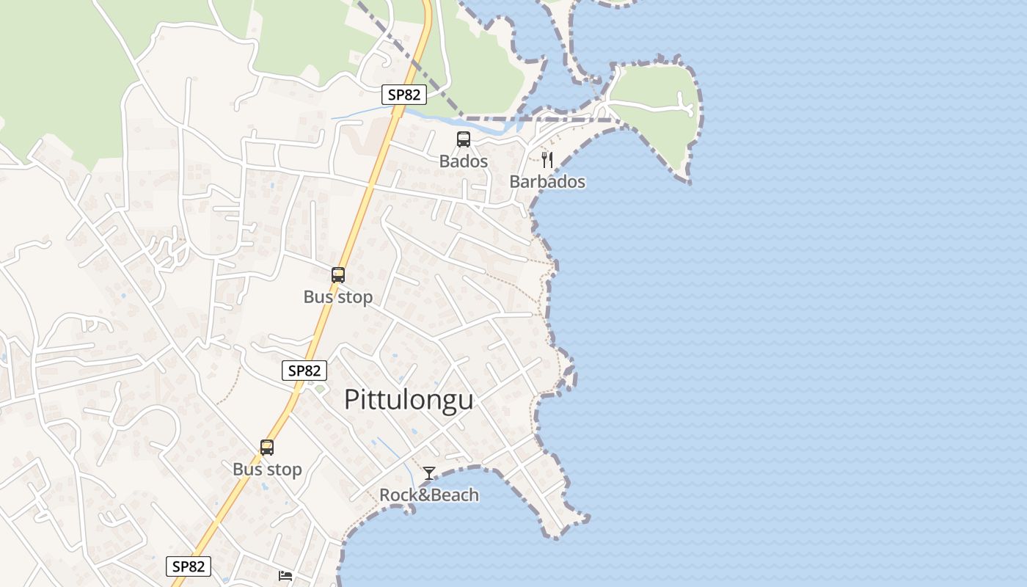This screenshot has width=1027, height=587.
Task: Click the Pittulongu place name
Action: coord(409,400)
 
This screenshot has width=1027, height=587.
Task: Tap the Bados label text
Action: coord(463,161)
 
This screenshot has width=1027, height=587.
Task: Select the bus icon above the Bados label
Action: coord(463,139)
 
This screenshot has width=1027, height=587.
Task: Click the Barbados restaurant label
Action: coord(547,181)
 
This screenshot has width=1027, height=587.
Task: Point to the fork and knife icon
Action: coord(547,160)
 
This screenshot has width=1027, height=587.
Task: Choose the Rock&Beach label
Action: coord(428,495)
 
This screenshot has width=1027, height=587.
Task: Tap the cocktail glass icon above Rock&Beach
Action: coord(428,473)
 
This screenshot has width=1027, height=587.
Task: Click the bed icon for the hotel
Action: coord(285,576)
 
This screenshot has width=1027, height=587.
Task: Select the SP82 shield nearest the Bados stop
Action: coord(403,94)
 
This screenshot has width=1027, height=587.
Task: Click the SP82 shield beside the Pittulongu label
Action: coord(304,371)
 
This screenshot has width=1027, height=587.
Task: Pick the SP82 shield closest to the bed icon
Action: coord(189,566)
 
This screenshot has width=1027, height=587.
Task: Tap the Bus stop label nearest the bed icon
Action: coord(267,470)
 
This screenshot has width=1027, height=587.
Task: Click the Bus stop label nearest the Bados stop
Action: coord(337,297)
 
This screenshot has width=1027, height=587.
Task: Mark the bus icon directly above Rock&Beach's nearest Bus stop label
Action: coord(267,447)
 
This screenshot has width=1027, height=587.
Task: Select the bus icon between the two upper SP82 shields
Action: coord(337,275)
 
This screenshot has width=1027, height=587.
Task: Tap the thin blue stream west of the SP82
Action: coord(359,113)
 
